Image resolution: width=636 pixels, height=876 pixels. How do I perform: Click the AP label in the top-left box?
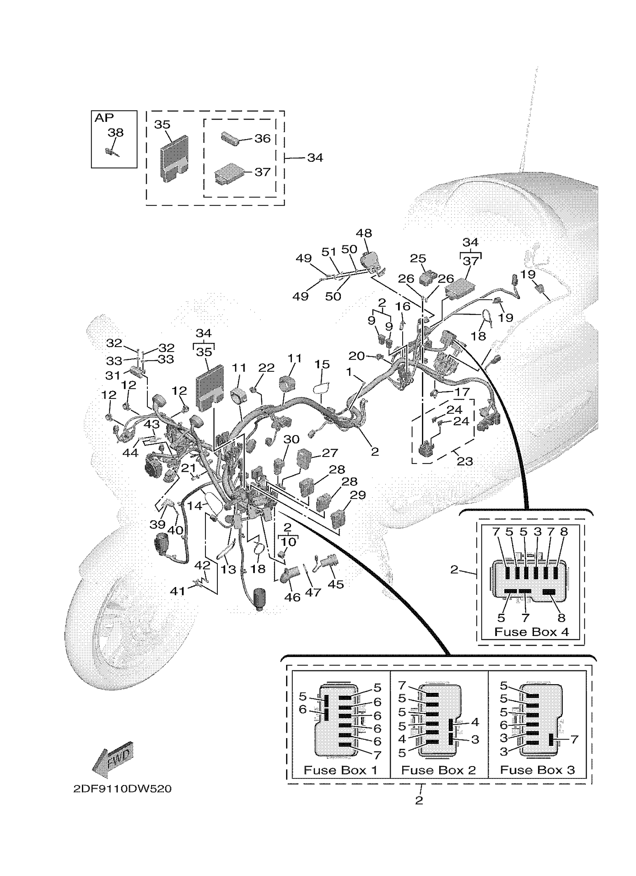click(x=104, y=118)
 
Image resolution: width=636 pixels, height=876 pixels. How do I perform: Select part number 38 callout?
click(x=116, y=132)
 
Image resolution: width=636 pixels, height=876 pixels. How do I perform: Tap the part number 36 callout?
click(x=262, y=138)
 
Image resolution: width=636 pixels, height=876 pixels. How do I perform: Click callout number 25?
click(x=418, y=258)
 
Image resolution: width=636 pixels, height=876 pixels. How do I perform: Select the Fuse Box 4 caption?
click(x=532, y=632)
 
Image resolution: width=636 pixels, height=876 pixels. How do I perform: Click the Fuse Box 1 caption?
click(x=340, y=770)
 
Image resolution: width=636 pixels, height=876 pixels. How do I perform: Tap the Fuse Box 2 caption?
click(x=438, y=770)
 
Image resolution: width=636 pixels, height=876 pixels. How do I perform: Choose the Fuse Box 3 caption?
click(x=538, y=770)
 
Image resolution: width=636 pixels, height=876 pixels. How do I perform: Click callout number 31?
click(x=113, y=375)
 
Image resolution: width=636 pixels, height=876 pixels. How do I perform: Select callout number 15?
click(x=322, y=364)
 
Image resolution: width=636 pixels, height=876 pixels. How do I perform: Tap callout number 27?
click(x=330, y=453)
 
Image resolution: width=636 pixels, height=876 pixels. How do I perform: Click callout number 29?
click(x=358, y=495)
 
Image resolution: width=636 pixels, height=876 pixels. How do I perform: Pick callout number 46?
click(x=292, y=597)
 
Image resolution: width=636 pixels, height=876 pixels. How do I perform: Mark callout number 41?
click(x=177, y=591)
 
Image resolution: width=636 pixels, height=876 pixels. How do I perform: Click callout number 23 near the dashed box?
click(x=464, y=461)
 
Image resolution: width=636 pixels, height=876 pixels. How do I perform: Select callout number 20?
click(x=356, y=356)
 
